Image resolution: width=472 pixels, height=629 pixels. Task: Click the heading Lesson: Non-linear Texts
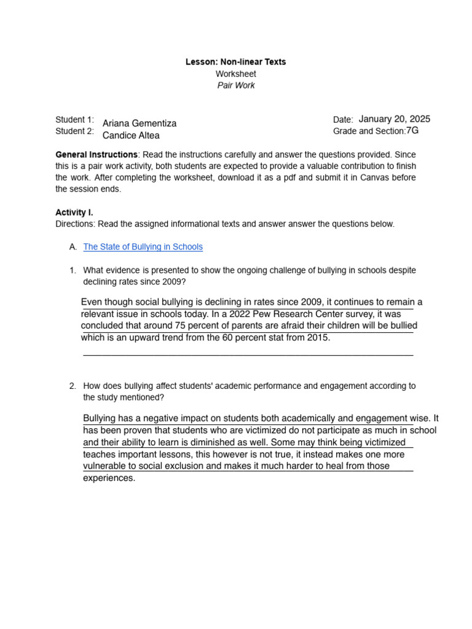[x=236, y=62]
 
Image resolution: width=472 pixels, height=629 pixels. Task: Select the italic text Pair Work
[x=236, y=85]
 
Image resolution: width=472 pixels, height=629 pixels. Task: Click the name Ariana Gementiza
[x=140, y=123]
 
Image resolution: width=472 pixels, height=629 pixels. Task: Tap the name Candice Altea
[x=131, y=136]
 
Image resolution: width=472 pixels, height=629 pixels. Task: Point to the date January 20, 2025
[x=395, y=119]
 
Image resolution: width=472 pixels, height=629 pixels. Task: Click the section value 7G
[x=412, y=130]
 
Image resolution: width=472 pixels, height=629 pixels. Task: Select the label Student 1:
[x=74, y=119]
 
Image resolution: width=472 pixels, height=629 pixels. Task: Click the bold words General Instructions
[x=96, y=154]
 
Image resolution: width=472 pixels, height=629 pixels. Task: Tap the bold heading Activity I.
[x=74, y=213]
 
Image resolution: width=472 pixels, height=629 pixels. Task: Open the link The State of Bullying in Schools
[x=143, y=247]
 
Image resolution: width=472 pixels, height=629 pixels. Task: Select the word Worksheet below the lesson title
[x=236, y=74]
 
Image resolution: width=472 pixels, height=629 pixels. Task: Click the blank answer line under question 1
[x=248, y=354]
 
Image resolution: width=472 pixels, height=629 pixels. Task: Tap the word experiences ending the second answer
[x=109, y=479]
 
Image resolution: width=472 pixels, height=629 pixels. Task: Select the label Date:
[x=343, y=120]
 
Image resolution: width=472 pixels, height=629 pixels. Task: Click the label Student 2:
[x=74, y=131]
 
